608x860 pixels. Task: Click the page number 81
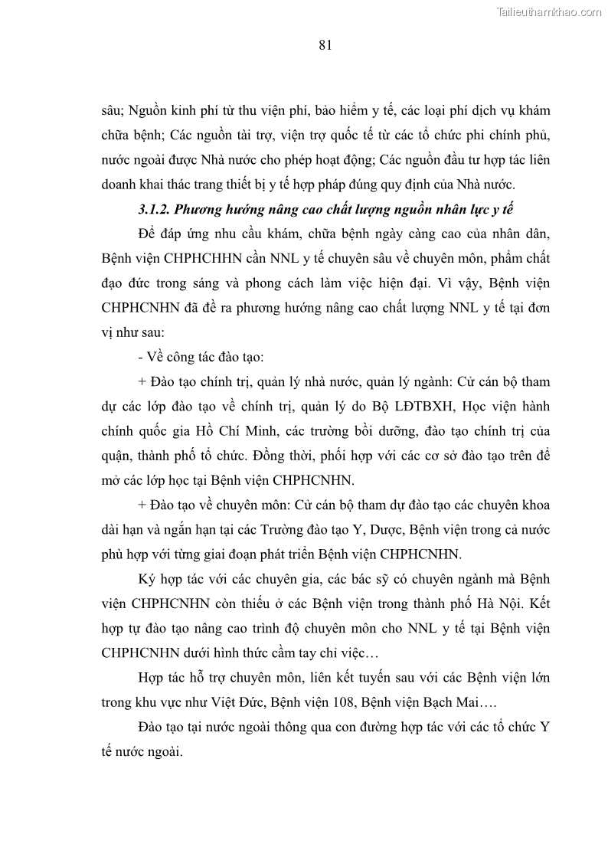(324, 45)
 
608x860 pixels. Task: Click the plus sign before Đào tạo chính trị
(142, 381)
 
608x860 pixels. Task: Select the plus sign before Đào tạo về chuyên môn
(142, 506)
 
